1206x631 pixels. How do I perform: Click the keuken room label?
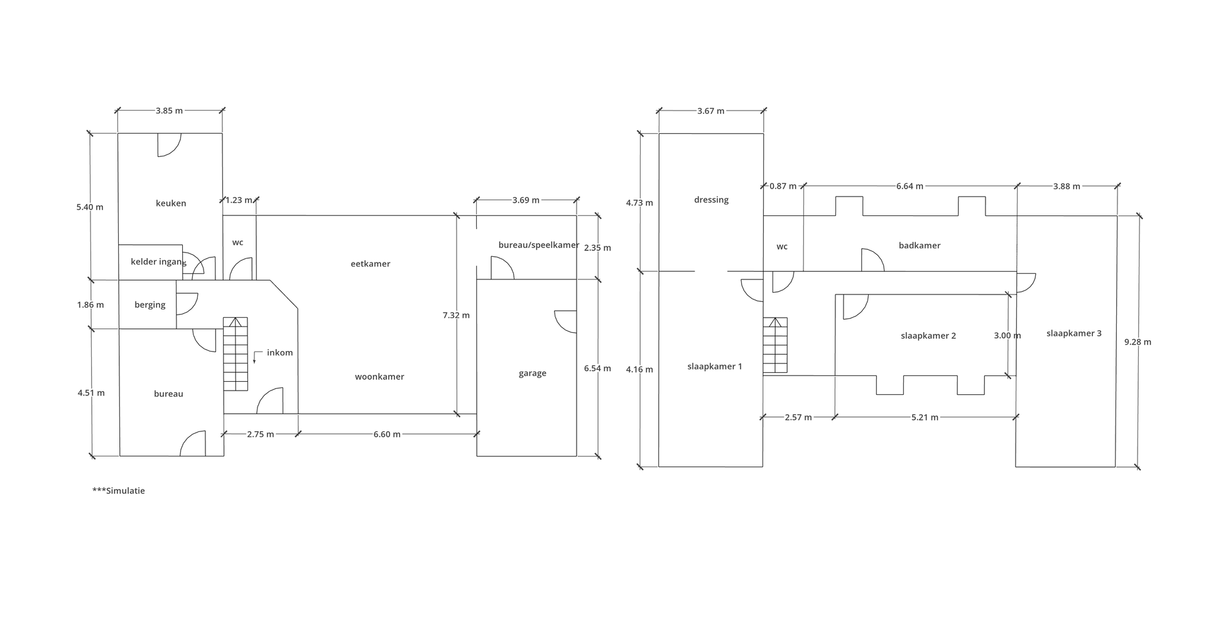coord(171,203)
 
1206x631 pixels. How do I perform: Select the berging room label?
coord(150,305)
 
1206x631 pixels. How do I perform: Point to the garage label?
coord(533,374)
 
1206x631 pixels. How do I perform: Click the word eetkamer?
coord(371,264)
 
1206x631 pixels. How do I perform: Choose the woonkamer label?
coord(379,377)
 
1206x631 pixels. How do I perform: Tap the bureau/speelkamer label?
coord(539,245)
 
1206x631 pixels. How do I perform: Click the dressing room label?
coord(712,200)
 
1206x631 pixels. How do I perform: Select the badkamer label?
coord(920,245)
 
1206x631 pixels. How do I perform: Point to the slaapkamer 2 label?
coord(928,336)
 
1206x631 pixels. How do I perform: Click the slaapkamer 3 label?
coord(1074,333)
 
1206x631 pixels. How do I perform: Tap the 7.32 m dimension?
coord(456,315)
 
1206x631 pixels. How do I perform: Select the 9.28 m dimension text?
coord(1138,342)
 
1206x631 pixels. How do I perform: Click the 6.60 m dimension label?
coord(387,434)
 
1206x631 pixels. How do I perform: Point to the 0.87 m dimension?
coord(783,186)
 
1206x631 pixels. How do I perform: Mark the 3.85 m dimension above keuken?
coord(170,111)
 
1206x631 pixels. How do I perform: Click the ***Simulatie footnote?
coord(119,491)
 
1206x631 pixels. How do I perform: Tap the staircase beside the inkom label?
coord(236,354)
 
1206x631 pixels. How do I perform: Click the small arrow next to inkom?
coord(255,357)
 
